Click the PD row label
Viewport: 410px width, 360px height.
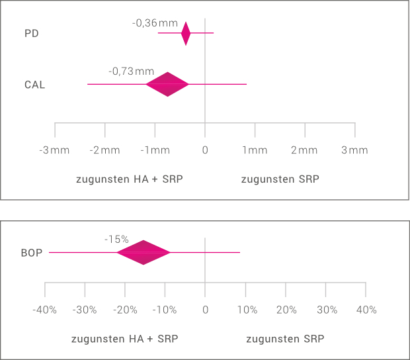(x=31, y=33)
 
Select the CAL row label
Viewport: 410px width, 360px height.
(x=34, y=85)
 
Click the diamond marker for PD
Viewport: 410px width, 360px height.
(x=186, y=33)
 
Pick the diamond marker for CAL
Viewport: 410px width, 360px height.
(x=168, y=84)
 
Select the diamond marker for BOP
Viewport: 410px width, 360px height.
(x=143, y=252)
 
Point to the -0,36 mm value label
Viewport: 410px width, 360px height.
(x=155, y=22)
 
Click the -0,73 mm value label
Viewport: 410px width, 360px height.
(x=131, y=71)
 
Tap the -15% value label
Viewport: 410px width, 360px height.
(x=116, y=239)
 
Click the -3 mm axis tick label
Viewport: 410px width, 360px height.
(x=54, y=150)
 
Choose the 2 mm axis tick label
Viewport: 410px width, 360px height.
(x=304, y=150)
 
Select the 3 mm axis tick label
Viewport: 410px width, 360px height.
(x=354, y=150)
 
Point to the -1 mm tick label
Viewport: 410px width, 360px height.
(x=155, y=150)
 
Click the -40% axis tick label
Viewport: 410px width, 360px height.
(x=44, y=310)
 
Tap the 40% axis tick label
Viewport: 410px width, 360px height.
(x=366, y=310)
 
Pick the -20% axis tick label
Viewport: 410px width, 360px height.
(x=125, y=310)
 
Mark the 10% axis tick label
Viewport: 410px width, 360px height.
(x=246, y=310)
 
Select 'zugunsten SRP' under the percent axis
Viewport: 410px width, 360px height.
(x=285, y=339)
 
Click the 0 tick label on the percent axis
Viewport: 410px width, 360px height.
(x=205, y=310)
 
